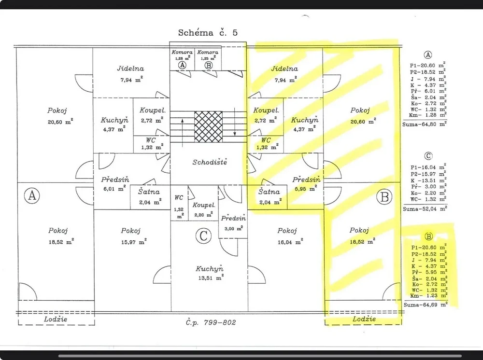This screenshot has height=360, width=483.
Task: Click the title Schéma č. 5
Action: point(208,33)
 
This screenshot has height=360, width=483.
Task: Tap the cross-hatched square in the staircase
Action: point(208,127)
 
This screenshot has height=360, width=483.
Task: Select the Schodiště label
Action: point(210,162)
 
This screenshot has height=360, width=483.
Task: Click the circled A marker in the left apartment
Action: point(32,195)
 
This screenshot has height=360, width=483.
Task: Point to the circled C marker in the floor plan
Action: point(203,236)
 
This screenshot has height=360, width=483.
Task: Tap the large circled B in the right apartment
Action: point(384,196)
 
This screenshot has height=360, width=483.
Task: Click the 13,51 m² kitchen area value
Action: point(211,278)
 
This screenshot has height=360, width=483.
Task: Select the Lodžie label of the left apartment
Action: point(56,319)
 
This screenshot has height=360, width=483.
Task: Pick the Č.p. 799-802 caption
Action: point(211,322)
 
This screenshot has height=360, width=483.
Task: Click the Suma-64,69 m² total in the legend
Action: point(426,305)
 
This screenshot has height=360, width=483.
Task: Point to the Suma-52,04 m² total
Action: point(425,209)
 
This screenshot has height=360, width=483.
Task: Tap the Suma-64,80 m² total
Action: point(425,125)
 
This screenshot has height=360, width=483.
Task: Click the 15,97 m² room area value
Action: point(134,242)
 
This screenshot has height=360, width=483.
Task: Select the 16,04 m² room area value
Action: point(290,242)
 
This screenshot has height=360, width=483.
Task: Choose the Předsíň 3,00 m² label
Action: point(233,223)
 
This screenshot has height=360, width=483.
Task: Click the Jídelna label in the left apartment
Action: point(130,69)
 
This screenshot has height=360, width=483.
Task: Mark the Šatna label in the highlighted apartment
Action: point(269,192)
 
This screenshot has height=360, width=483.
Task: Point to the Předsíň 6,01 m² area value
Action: point(114,189)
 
